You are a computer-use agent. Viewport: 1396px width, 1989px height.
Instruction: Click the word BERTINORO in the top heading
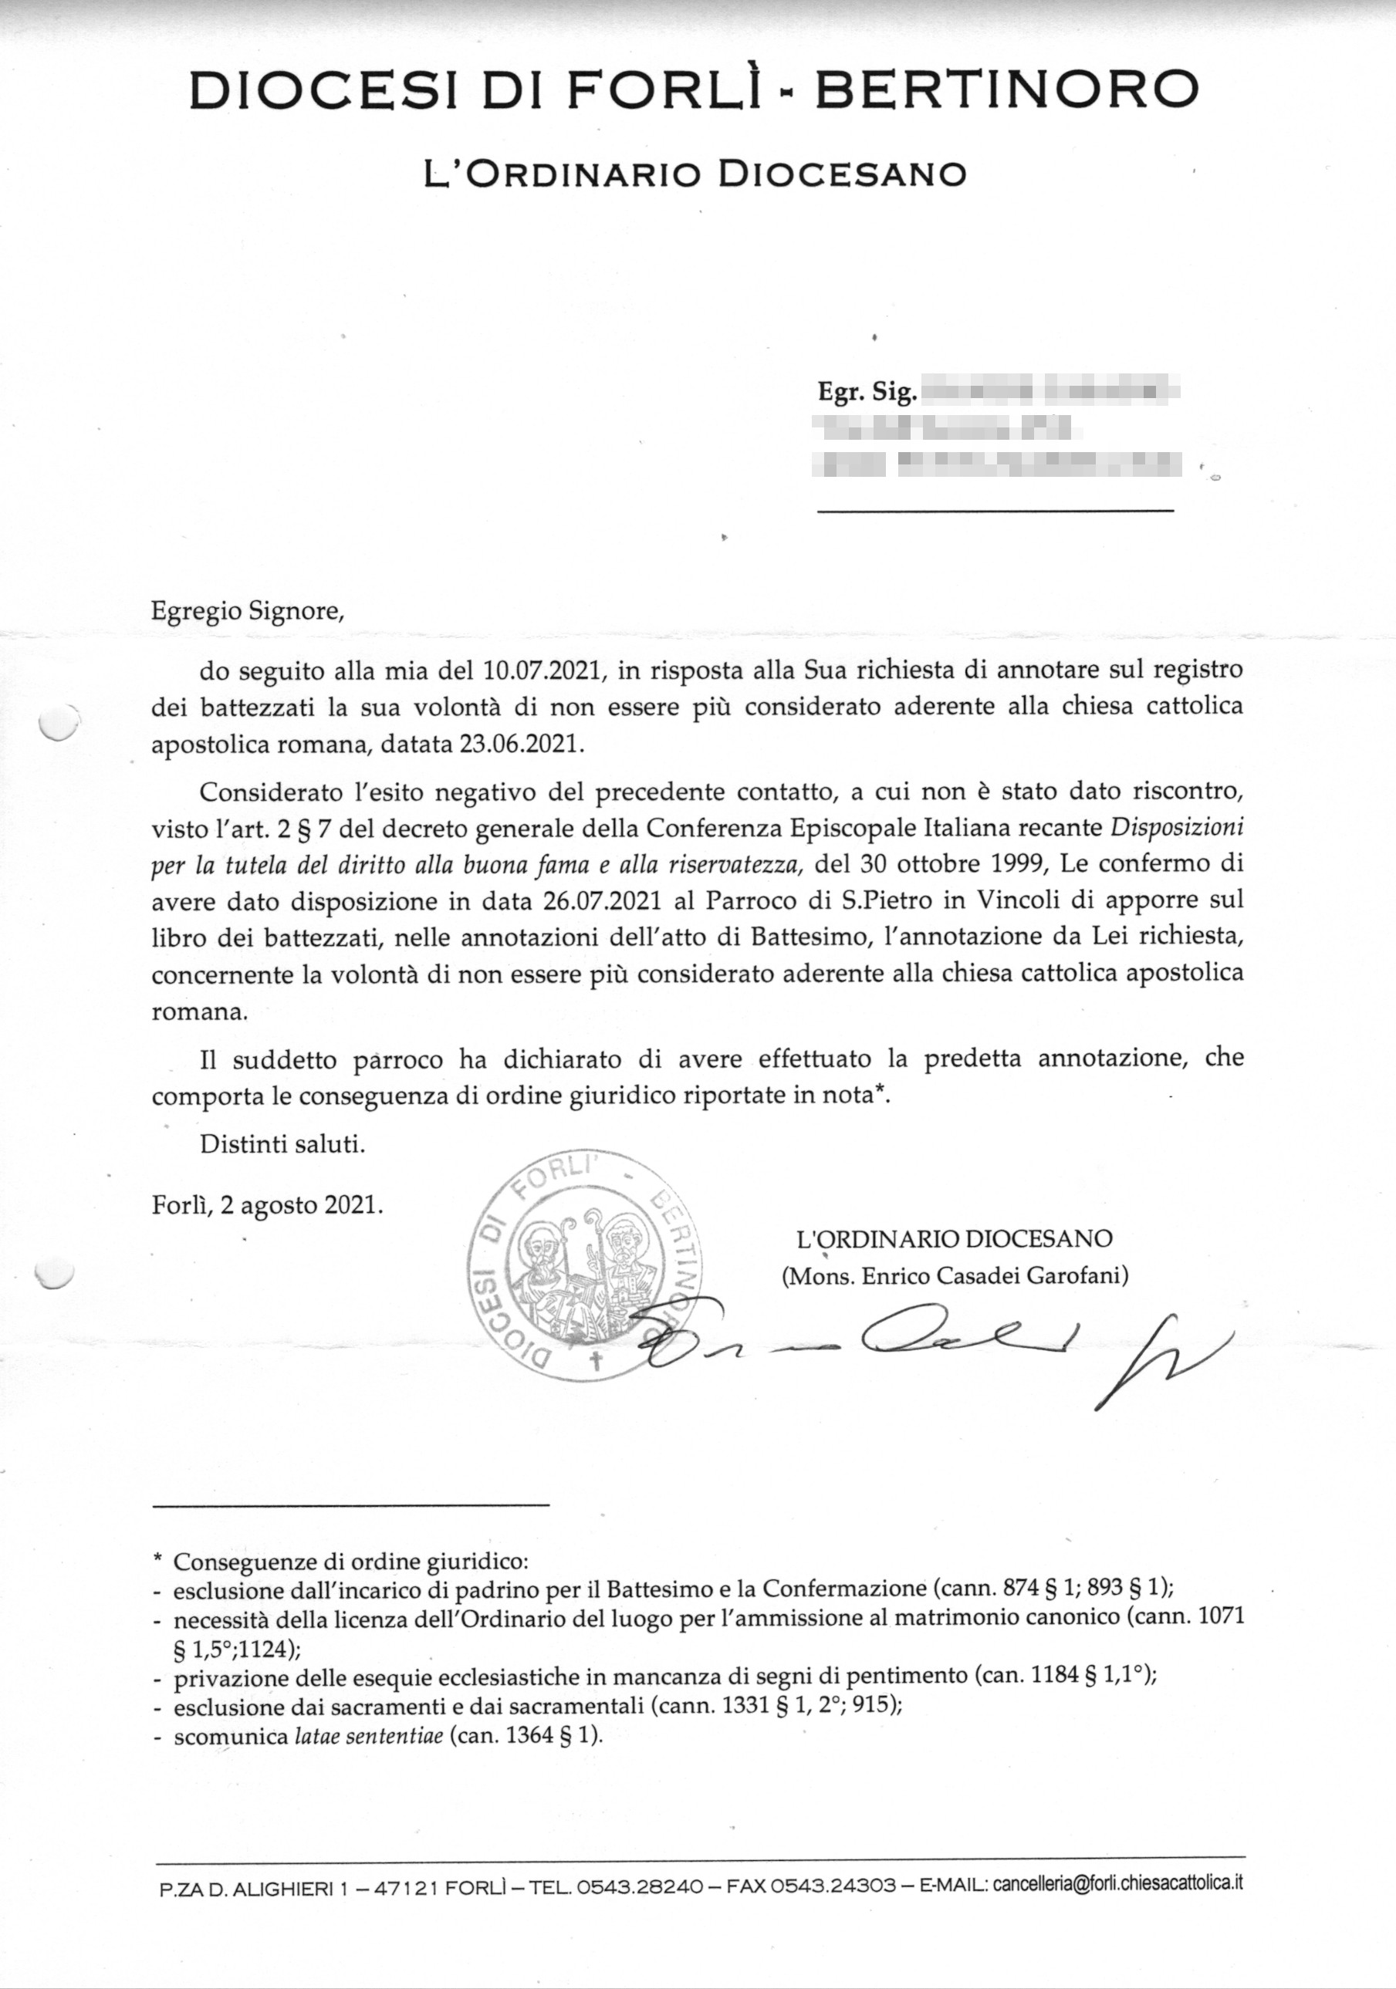[x=1007, y=90]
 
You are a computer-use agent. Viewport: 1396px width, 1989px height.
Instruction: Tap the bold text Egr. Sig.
[x=867, y=393]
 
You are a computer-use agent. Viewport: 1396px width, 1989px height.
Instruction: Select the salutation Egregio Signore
[x=248, y=611]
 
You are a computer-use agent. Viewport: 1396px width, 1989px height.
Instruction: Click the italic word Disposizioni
[x=1177, y=826]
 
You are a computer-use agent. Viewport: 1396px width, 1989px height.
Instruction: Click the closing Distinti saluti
[x=282, y=1143]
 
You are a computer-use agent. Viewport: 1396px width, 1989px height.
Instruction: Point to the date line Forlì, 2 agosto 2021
[x=267, y=1205]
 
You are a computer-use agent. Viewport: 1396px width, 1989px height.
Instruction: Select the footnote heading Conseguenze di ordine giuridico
[x=350, y=1562]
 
